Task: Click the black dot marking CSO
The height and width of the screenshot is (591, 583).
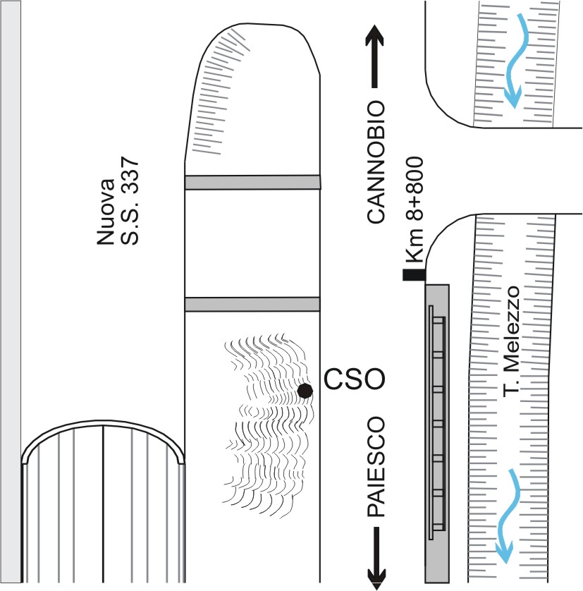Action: (x=305, y=391)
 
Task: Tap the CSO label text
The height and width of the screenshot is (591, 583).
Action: (x=354, y=381)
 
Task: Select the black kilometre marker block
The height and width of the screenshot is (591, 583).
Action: (x=413, y=275)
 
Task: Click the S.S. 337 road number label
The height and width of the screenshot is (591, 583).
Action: (x=132, y=200)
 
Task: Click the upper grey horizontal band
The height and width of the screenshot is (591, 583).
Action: (x=252, y=183)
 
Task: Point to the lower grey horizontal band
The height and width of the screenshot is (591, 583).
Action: (x=252, y=304)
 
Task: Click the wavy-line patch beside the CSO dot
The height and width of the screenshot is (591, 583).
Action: (x=264, y=423)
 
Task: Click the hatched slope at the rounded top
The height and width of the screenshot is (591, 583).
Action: (x=219, y=92)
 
